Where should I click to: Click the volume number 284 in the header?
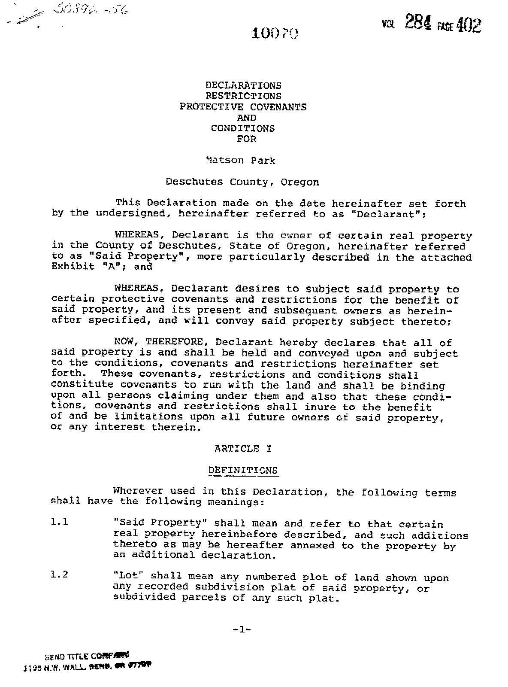418,22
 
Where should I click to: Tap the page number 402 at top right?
469,25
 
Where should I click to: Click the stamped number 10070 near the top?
275,33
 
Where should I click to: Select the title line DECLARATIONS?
243,85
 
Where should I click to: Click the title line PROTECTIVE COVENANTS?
243,107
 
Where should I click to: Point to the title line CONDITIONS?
243,128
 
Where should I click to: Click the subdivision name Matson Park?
241,161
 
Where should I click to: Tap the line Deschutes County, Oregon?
242,182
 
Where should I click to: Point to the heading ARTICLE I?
243,449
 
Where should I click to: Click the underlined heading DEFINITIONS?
243,471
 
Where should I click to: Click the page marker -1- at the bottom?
242,629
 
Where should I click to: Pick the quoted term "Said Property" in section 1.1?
160,523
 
